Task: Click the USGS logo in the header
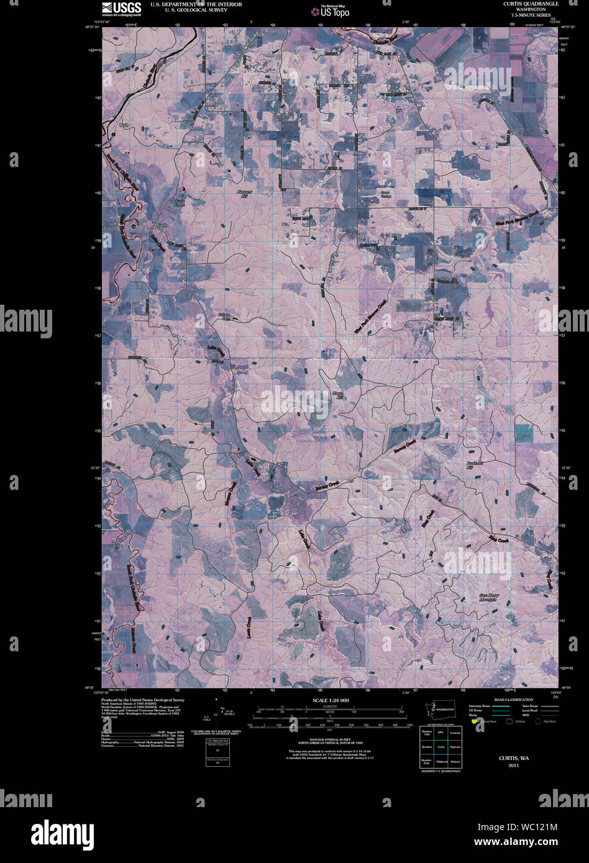[122, 8]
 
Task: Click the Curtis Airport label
[180, 202]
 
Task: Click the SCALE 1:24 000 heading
[327, 700]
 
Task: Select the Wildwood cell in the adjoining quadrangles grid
[441, 761]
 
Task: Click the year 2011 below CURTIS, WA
[512, 766]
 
